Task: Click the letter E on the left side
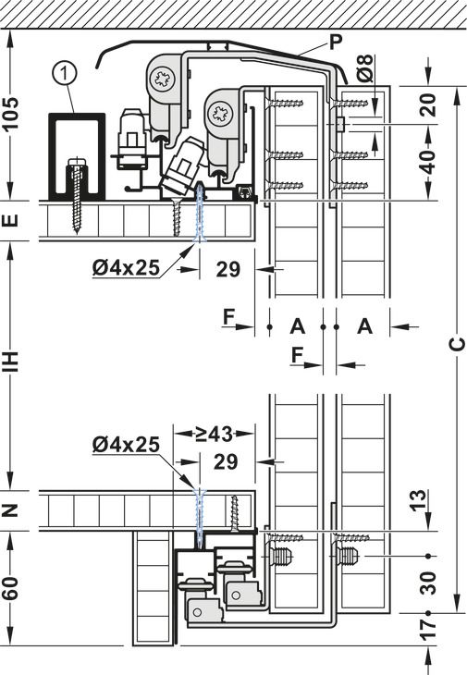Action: coord(12,221)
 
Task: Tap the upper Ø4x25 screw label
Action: coord(125,268)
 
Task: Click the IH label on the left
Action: coord(12,361)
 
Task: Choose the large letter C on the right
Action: coord(455,344)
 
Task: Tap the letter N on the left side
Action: coord(12,510)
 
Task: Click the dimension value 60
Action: coord(12,589)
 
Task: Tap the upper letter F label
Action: coord(228,317)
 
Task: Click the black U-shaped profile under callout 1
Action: coord(75,153)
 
